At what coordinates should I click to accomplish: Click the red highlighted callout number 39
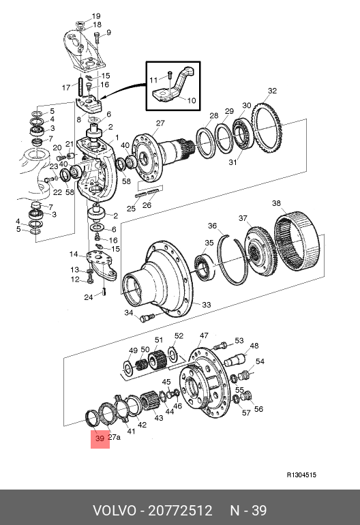[x=100, y=438]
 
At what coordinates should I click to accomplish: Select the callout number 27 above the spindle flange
[x=160, y=123]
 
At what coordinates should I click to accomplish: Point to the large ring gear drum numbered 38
[x=297, y=239]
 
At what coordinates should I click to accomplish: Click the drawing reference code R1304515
[x=301, y=475]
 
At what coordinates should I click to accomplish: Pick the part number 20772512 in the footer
[x=180, y=511]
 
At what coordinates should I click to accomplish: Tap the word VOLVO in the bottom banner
[x=115, y=511]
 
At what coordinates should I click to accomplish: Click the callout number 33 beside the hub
[x=207, y=305]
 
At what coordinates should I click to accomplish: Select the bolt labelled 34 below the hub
[x=147, y=317]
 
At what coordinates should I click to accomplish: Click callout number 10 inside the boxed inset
[x=191, y=100]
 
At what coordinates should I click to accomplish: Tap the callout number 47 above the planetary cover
[x=204, y=335]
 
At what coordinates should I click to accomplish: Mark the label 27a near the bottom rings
[x=114, y=437]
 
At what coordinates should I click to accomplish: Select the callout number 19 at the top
[x=96, y=16]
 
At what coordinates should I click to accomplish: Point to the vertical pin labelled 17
[x=80, y=87]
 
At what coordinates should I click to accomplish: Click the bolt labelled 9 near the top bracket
[x=97, y=37]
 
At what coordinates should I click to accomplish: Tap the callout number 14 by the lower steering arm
[x=74, y=254]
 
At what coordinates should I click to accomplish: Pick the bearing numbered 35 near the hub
[x=204, y=267]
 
